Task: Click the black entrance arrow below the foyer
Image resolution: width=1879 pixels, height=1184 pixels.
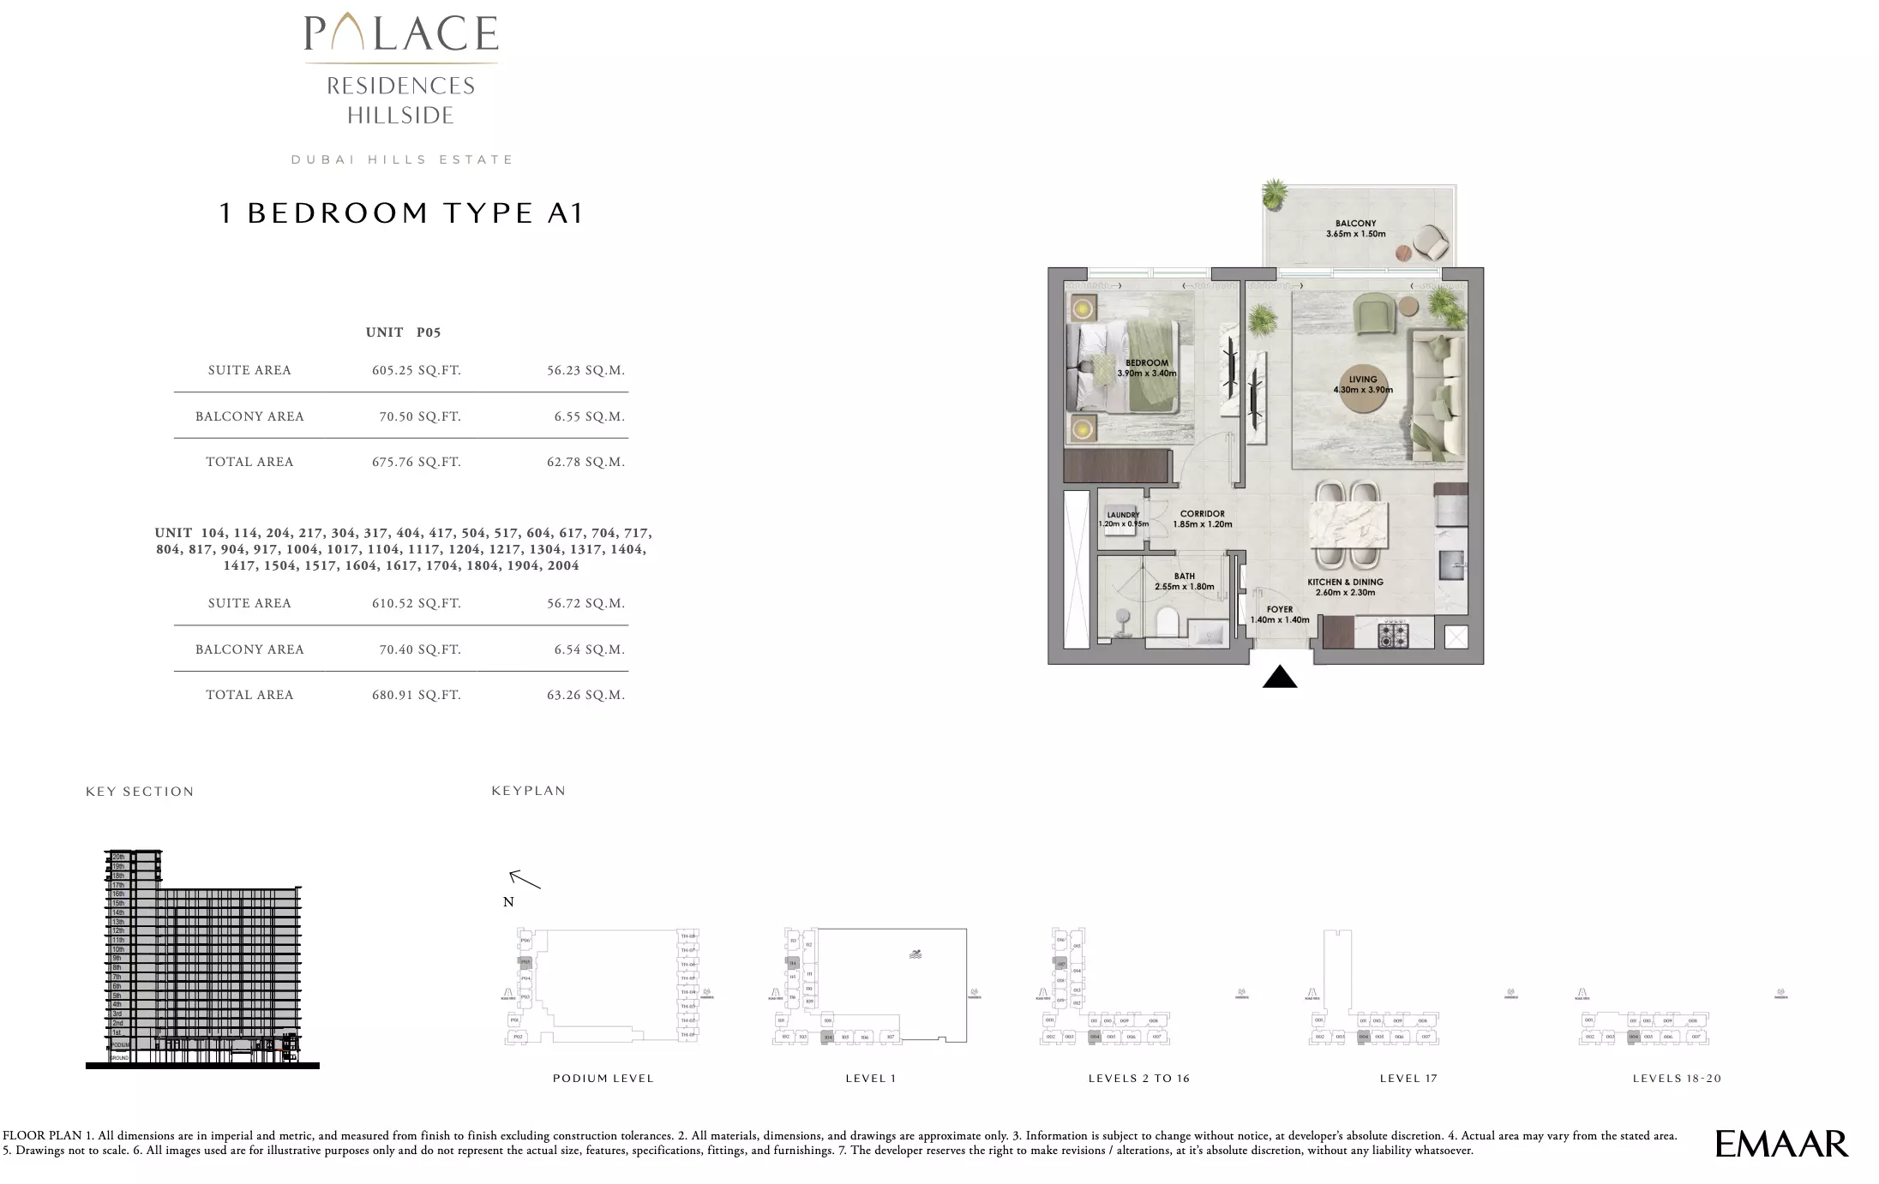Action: tap(1279, 678)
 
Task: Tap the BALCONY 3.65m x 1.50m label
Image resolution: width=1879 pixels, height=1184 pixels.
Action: tap(1355, 228)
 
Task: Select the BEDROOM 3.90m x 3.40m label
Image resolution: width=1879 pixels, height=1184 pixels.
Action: tap(1146, 368)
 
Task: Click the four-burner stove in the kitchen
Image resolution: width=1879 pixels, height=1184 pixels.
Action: tap(1392, 636)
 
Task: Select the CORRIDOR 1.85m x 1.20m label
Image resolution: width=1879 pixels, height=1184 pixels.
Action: tap(1202, 519)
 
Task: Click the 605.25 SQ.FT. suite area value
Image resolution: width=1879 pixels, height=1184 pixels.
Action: tap(416, 370)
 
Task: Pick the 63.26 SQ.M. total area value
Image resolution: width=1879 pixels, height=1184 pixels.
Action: tap(585, 695)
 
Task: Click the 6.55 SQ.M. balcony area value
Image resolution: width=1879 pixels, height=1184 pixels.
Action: tap(589, 416)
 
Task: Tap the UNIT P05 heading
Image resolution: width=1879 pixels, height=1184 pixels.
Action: tap(402, 332)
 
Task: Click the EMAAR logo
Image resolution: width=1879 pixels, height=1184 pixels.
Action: tap(1781, 1144)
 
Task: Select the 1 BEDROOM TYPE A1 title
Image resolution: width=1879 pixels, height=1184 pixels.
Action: tap(401, 212)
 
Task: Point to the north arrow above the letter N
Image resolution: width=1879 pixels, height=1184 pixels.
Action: tap(525, 879)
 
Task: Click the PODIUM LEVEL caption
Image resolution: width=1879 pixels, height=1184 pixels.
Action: tap(603, 1079)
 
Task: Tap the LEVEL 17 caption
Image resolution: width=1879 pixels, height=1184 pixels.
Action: tap(1408, 1079)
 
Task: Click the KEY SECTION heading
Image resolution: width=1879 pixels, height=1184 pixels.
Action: tap(140, 792)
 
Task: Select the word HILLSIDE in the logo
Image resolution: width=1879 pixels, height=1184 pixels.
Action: tap(400, 116)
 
